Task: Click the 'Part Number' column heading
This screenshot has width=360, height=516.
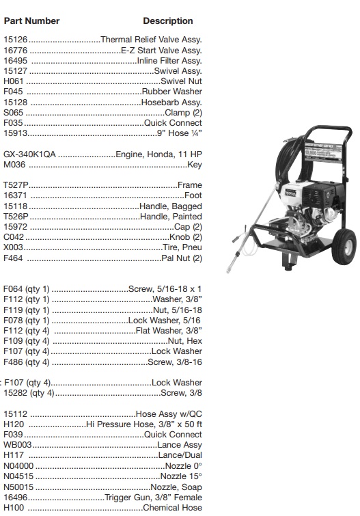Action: pyautogui.click(x=31, y=21)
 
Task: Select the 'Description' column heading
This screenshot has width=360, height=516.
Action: pyautogui.click(x=168, y=21)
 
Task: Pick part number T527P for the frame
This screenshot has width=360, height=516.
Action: pyautogui.click(x=16, y=185)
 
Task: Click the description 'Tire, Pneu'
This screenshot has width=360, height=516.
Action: pyautogui.click(x=182, y=247)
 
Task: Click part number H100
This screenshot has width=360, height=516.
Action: pyautogui.click(x=14, y=508)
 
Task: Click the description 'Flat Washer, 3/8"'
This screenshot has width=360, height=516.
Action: pyautogui.click(x=169, y=331)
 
